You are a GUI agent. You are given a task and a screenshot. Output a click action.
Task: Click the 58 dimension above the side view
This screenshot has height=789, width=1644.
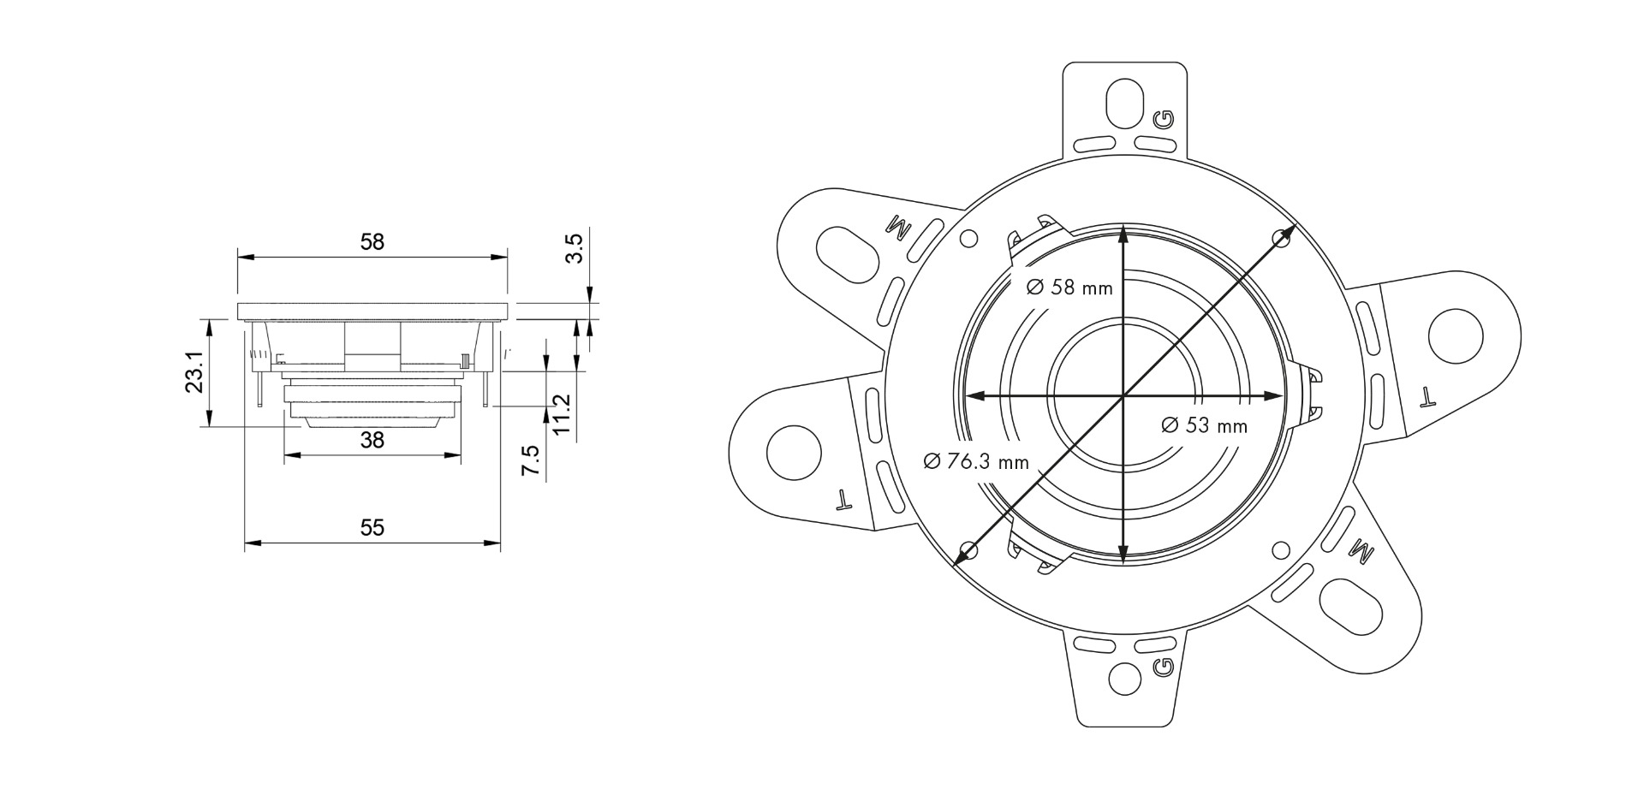(372, 242)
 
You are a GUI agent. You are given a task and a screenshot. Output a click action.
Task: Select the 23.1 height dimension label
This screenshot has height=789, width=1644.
(195, 371)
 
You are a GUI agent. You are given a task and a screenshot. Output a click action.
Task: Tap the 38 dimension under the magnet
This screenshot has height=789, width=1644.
(372, 441)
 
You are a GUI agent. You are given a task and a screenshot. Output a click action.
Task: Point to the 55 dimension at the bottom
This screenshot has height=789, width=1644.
(372, 527)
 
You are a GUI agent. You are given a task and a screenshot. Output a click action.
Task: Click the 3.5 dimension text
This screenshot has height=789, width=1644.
(575, 248)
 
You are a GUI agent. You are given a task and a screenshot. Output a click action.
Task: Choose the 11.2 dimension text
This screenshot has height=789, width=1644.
(562, 413)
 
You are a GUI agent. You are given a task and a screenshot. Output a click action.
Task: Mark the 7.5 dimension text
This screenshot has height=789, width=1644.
(531, 460)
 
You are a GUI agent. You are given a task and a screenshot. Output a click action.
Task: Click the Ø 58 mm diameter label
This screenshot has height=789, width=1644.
(1069, 288)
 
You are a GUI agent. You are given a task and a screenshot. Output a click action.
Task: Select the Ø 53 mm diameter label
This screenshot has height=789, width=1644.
(1204, 425)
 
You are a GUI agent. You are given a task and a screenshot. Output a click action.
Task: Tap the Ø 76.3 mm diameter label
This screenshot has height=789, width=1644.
(975, 462)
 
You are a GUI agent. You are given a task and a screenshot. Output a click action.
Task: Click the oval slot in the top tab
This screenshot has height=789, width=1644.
(1124, 104)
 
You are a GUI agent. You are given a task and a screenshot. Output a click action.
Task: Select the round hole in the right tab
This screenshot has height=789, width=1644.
(1456, 334)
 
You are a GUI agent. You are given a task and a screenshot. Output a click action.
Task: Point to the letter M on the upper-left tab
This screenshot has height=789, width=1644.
(900, 228)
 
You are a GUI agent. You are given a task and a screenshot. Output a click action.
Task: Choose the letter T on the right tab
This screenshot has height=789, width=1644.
(1427, 396)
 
